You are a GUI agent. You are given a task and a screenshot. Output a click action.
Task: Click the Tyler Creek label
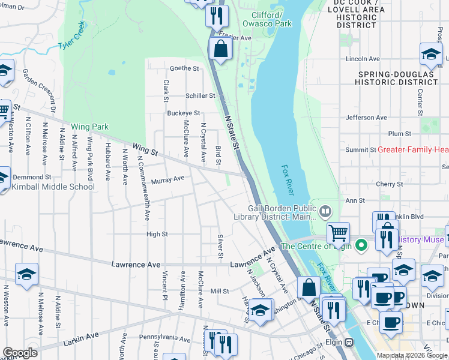point(73,37)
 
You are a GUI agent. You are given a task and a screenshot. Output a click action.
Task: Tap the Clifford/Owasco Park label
point(267,19)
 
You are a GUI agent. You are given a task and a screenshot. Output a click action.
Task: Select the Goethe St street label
point(184,68)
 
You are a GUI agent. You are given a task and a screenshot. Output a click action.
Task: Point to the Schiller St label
point(200,95)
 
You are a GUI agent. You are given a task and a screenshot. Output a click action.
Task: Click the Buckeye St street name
point(183,113)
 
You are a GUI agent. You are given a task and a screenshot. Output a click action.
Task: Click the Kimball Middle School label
point(53,187)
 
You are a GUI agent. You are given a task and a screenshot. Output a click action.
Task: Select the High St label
point(157,234)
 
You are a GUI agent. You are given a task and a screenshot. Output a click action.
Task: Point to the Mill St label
point(220,291)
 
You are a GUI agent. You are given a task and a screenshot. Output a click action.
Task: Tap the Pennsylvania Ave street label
point(165,338)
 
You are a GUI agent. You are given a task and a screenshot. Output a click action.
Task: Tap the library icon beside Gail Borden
point(325,211)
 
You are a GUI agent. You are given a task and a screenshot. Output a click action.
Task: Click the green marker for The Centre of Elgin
point(361,245)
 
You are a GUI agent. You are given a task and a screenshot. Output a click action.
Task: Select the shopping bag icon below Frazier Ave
point(221,49)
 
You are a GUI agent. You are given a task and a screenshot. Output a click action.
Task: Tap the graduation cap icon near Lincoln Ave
point(431,55)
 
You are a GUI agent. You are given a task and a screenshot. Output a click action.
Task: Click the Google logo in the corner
point(20,353)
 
